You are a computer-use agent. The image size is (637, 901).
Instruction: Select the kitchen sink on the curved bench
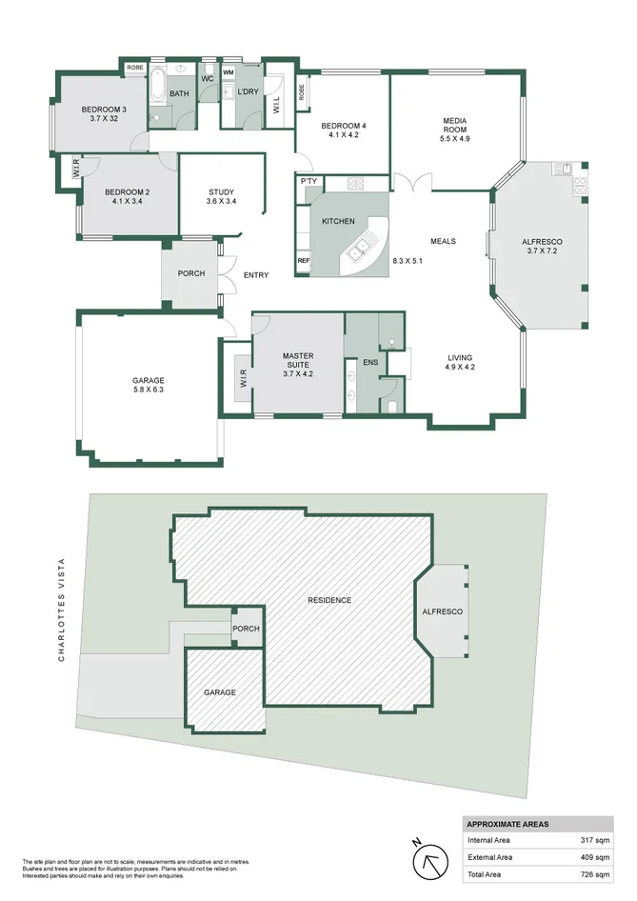tap(360, 251)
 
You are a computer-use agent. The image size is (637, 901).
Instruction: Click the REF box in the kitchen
tap(304, 260)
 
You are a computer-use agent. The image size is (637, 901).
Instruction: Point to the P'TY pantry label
tap(308, 181)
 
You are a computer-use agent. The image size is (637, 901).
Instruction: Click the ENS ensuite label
tap(370, 362)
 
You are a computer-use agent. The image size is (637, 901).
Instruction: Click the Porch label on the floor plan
tap(191, 273)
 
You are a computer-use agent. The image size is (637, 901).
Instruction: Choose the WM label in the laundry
tap(229, 71)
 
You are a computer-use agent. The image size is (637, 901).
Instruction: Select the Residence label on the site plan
tap(329, 600)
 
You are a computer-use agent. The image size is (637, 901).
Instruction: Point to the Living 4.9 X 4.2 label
tap(461, 362)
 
